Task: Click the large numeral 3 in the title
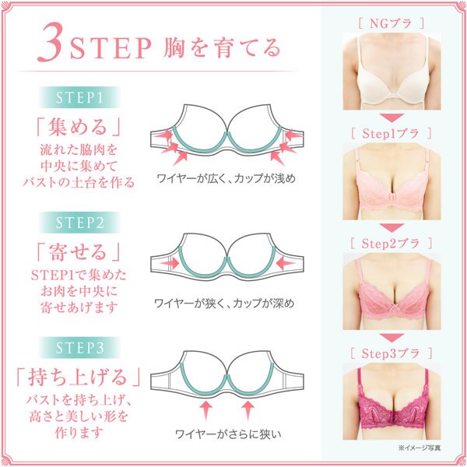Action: click(x=51, y=42)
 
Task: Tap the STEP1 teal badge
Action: click(x=79, y=97)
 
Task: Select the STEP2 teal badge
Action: click(x=79, y=223)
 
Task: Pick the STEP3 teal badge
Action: click(x=79, y=348)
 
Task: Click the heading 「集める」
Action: click(x=79, y=127)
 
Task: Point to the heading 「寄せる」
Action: click(x=79, y=251)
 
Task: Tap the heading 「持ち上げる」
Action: click(x=79, y=377)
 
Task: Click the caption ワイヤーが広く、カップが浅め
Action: click(x=226, y=178)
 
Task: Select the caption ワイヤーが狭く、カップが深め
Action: click(x=224, y=304)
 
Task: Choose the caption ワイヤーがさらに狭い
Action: click(x=228, y=434)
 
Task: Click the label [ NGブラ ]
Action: click(x=392, y=23)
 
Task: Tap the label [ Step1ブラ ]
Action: click(x=392, y=134)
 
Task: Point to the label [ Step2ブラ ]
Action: click(x=392, y=244)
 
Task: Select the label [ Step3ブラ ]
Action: click(x=392, y=353)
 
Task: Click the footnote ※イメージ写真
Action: click(x=420, y=448)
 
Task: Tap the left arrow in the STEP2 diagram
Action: click(x=169, y=263)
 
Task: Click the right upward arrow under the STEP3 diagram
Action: click(x=248, y=410)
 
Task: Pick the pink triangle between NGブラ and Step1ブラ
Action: click(x=392, y=118)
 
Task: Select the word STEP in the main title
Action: click(x=111, y=48)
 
